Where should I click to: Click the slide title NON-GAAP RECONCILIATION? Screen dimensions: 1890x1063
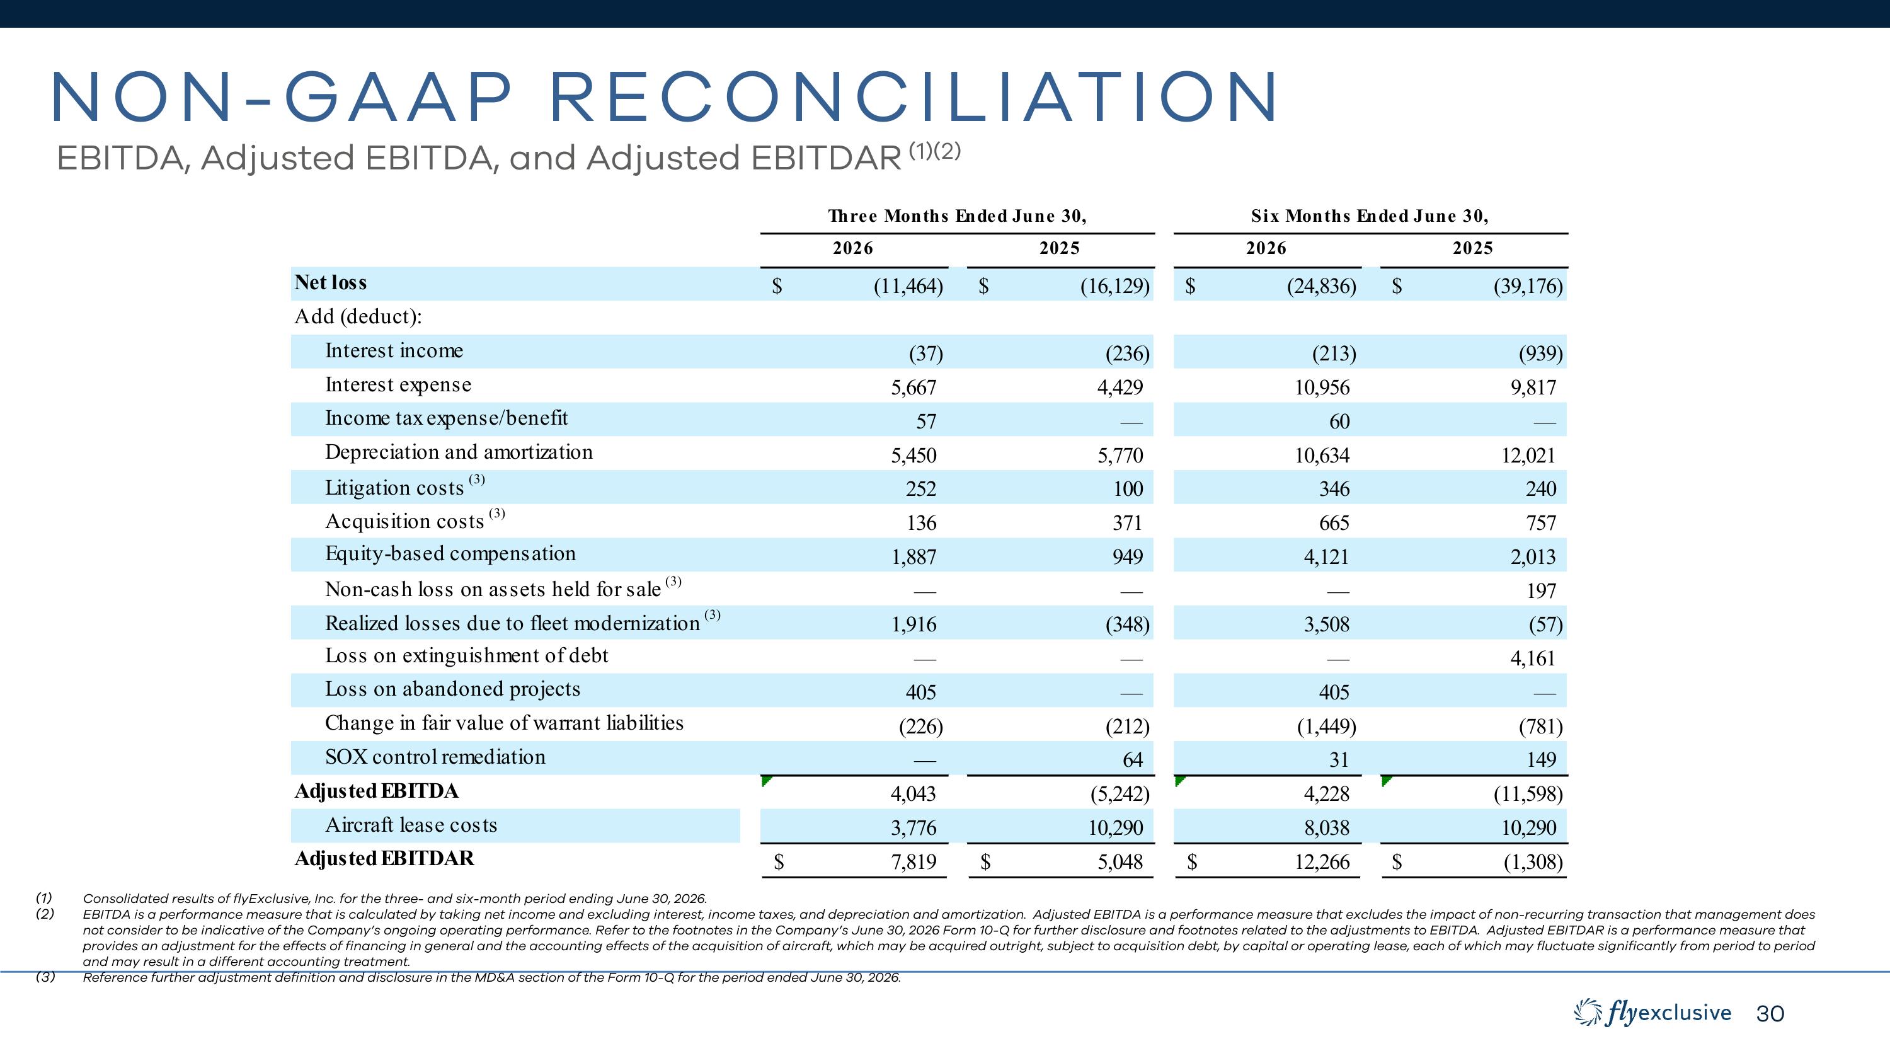pos(665,98)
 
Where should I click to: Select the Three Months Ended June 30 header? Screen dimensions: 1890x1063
pos(957,215)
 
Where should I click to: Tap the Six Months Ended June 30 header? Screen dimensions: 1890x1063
pos(1370,215)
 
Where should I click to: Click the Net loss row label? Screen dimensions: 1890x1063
pos(330,282)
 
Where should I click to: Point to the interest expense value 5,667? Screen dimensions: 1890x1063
pos(913,388)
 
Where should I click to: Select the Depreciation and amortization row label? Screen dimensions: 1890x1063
pos(459,452)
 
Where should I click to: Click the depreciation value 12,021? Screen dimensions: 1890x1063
pos(1528,456)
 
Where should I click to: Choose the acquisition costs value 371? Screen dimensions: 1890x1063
pos(1127,523)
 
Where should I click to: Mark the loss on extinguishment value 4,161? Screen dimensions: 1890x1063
pos(1533,658)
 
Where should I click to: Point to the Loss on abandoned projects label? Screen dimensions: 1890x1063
pos(453,689)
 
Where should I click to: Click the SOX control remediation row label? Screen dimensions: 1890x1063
pos(435,757)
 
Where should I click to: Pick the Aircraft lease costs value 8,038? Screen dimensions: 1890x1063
pos(1327,828)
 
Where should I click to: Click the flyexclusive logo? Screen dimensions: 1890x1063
pos(1652,1013)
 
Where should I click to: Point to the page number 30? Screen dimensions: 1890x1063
pos(1770,1014)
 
